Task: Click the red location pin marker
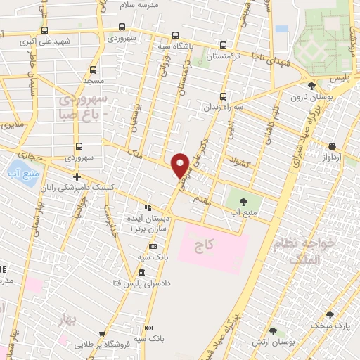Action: coord(181,165)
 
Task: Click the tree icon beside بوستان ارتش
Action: coord(272,331)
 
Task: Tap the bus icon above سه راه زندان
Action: coord(223,96)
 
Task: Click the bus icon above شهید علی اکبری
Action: coord(45,30)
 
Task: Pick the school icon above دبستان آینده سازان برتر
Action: coord(147,208)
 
